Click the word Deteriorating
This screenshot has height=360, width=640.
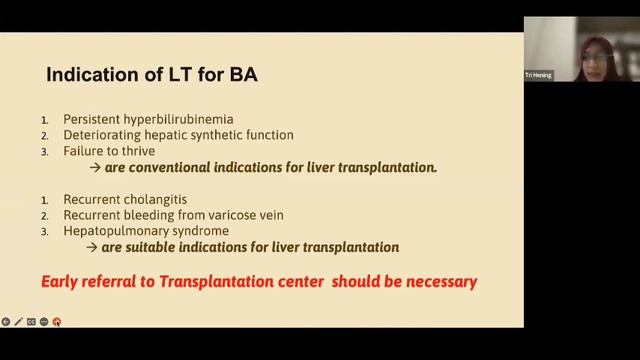coord(106,135)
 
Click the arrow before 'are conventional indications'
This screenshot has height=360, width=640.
coord(94,167)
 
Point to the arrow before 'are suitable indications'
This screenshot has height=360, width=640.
coord(94,247)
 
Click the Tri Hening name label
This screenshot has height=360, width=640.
coord(538,75)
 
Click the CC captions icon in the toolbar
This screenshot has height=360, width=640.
coord(31,321)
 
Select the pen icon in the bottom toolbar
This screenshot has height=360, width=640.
coord(18,321)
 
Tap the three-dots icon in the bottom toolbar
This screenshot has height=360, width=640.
coord(44,321)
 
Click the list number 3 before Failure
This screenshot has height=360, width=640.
coord(45,151)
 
